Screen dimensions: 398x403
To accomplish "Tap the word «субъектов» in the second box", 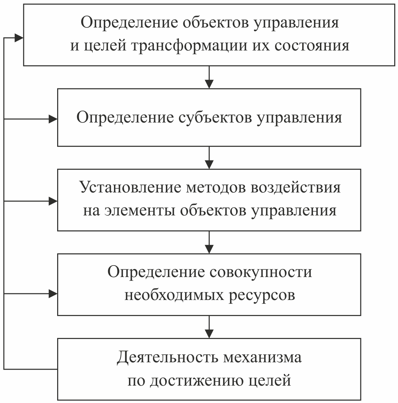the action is (215, 118).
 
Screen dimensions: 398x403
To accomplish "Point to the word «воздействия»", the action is (295, 188).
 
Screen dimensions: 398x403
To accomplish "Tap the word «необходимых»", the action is (174, 295).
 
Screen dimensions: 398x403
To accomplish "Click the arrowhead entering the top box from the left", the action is (19, 38).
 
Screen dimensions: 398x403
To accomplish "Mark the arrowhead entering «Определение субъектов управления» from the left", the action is (53, 119).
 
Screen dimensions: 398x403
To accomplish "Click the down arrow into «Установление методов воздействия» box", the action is (209, 158).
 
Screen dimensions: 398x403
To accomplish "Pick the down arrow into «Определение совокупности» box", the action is (209, 242).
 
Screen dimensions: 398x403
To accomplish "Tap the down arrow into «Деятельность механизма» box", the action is (209, 327).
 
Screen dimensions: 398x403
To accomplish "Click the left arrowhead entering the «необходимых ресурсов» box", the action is (53, 293).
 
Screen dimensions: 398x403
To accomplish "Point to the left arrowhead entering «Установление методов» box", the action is (53, 201).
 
